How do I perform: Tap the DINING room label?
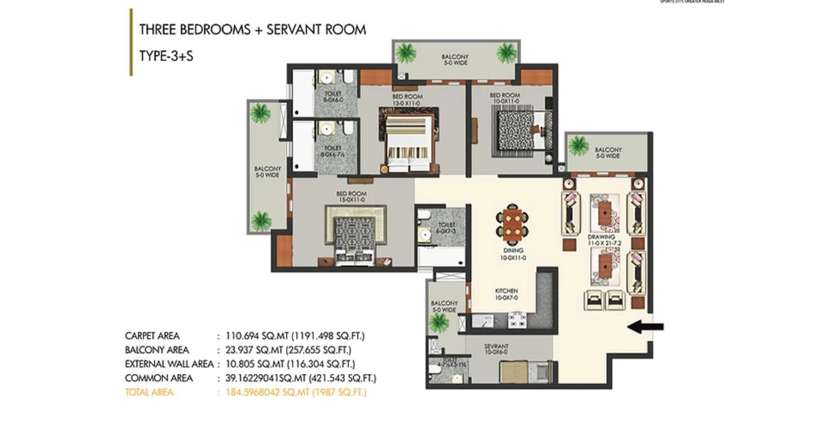point(513,251)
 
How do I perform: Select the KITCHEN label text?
point(506,291)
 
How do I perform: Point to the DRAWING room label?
point(600,238)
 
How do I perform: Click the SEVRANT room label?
point(496,347)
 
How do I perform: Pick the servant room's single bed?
point(524,372)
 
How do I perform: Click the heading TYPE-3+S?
point(166,56)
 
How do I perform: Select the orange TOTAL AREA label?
point(149,392)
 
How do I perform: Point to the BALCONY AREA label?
point(157,350)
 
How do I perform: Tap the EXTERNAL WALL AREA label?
point(169,364)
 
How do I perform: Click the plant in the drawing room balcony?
point(578,146)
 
